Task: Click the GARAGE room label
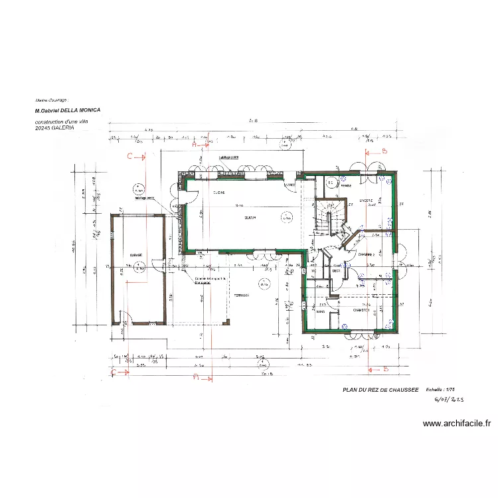135,255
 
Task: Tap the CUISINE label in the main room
218,193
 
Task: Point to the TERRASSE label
240,295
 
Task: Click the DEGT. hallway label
336,270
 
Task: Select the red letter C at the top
130,157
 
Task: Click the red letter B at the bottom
384,369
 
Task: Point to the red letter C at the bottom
114,373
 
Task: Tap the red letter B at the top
384,151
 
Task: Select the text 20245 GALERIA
54,128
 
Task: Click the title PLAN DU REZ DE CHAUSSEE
380,390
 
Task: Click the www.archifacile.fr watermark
457,423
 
